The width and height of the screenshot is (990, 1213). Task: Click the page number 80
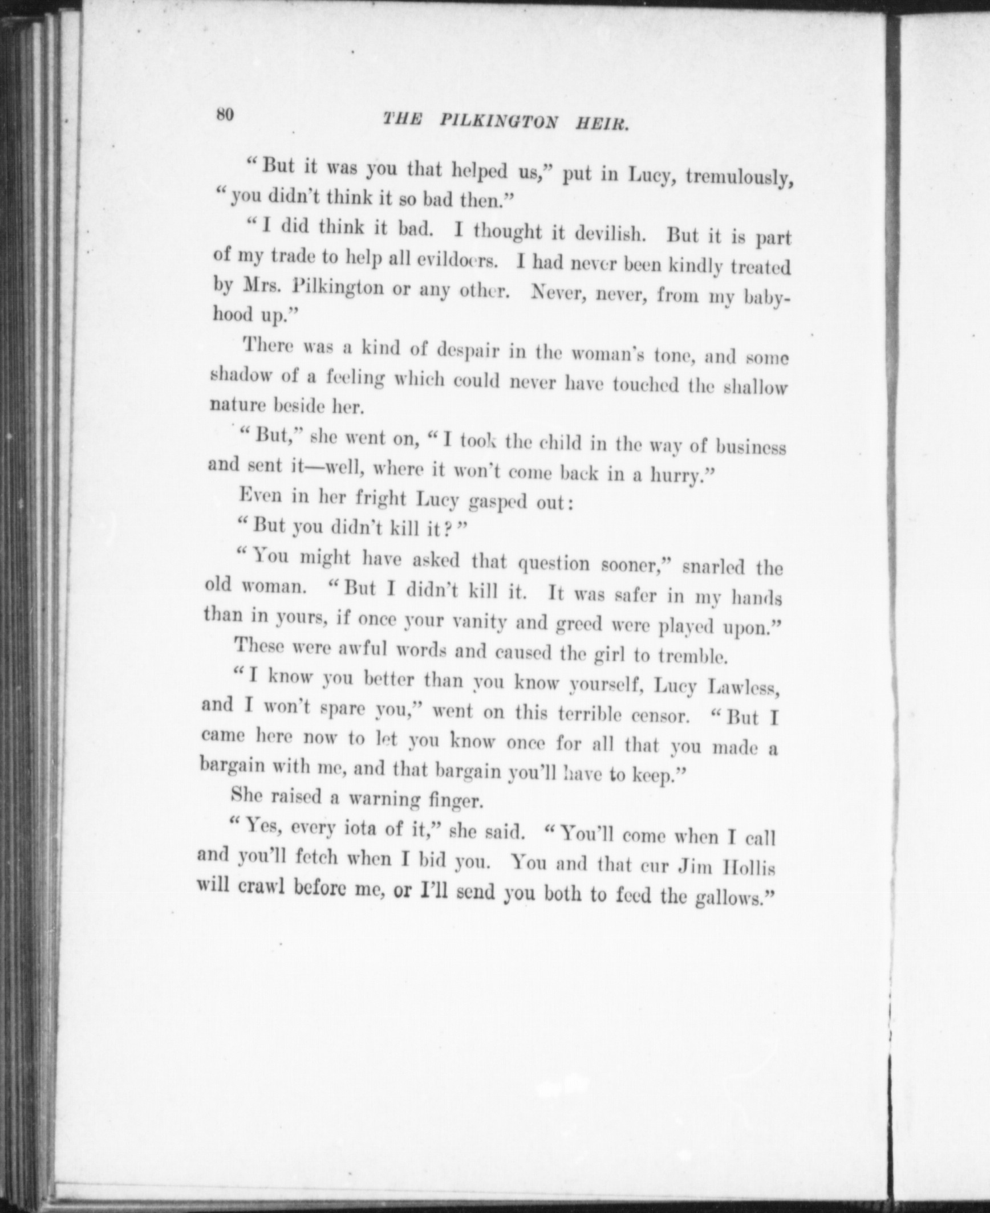coord(225,114)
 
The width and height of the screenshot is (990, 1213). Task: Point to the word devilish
coord(611,234)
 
